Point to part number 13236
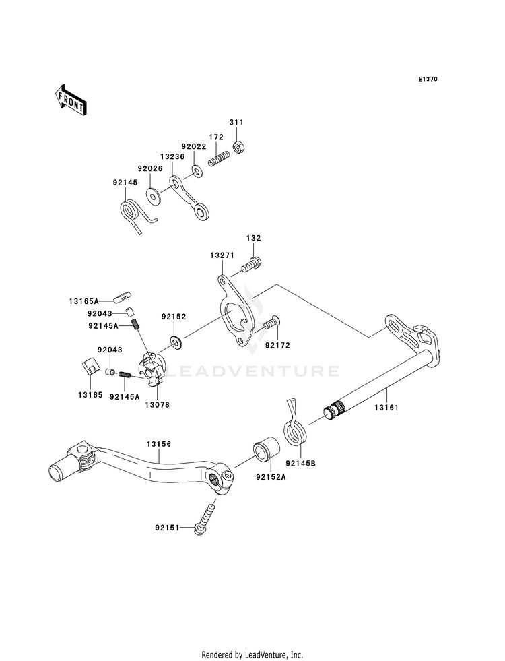coord(172,156)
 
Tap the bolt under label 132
coord(251,265)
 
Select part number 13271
coord(222,255)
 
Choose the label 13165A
coord(83,301)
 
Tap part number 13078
coord(157,405)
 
